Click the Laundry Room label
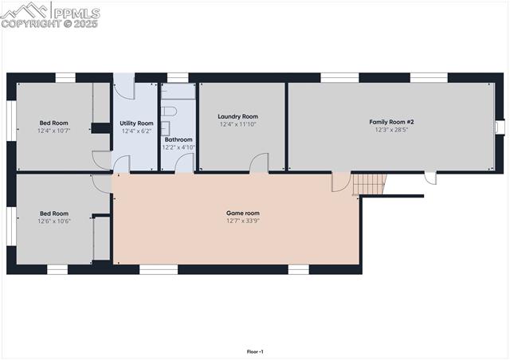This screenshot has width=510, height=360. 238,116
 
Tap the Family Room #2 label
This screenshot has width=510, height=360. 391,122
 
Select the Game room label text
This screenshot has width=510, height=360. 243,213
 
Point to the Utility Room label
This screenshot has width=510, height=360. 136,123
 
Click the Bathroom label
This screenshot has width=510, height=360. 178,139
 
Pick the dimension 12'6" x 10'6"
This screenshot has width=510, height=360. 54,221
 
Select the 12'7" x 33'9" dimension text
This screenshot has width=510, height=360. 243,221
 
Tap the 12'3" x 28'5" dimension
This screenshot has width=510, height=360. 391,130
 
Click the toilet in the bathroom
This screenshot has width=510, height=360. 170,112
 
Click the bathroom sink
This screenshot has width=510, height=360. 167,127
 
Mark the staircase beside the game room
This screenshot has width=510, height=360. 370,184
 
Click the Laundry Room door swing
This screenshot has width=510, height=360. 259,163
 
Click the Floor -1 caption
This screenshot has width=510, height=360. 255,351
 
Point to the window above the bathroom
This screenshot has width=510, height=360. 178,77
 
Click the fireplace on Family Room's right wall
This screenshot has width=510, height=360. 500,127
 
